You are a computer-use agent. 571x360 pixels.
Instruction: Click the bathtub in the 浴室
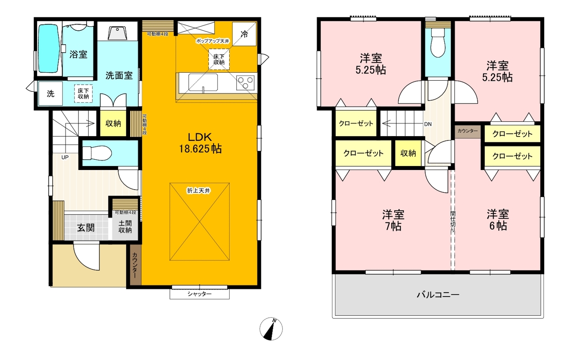[x=49, y=49]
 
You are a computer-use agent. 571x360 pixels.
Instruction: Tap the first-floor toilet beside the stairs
[x=97, y=153]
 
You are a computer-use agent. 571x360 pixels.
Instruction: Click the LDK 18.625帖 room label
[x=200, y=143]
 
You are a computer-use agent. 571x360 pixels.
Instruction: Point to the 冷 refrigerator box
[x=244, y=34]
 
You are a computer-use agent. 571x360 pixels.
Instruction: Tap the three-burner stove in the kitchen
[x=245, y=83]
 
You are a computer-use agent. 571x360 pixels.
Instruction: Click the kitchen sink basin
[x=203, y=82]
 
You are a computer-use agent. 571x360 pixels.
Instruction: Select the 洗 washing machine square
[x=50, y=94]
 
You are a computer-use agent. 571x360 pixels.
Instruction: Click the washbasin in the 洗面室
[x=117, y=33]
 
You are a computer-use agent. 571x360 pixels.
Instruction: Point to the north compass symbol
[x=271, y=329]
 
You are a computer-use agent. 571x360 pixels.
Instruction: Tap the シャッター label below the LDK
[x=199, y=294]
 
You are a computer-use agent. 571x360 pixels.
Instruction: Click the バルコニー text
[x=438, y=295]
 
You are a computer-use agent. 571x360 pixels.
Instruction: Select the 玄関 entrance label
[x=86, y=228]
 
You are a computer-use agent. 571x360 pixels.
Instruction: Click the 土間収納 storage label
[x=125, y=227]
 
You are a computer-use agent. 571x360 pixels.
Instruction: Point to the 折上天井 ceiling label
[x=199, y=190]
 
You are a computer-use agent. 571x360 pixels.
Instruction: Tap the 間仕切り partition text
[x=453, y=222]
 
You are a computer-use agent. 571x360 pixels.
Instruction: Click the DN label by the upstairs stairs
[x=428, y=124]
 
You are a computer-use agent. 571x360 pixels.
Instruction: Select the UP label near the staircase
[x=65, y=157]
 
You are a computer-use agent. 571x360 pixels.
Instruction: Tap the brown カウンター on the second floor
[x=468, y=132]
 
